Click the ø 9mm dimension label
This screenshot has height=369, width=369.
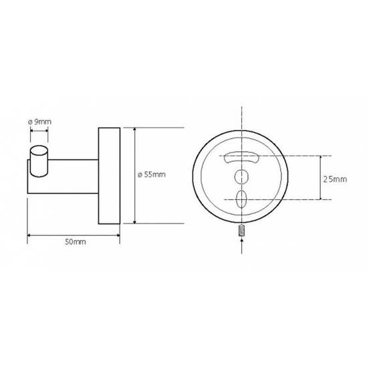(x=39, y=122)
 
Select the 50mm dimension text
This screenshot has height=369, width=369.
(x=76, y=242)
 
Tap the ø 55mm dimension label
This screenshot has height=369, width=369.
(x=152, y=174)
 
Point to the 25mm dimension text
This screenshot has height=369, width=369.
(x=335, y=179)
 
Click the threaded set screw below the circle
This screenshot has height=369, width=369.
(x=242, y=231)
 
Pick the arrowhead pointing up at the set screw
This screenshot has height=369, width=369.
(x=242, y=239)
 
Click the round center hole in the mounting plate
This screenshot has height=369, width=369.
(x=241, y=177)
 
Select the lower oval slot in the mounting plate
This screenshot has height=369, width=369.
(x=241, y=199)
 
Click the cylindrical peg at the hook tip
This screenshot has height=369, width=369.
(x=39, y=161)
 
